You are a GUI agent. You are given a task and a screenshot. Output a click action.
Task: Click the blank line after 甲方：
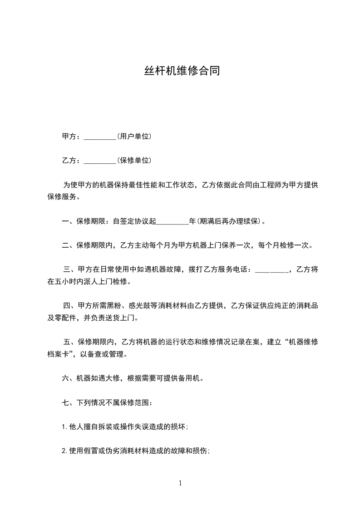tap(100, 137)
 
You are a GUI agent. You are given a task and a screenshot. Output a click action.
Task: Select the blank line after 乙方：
tap(100, 161)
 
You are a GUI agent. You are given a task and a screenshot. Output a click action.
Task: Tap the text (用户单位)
tap(134, 137)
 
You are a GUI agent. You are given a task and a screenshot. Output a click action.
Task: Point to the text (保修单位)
tap(134, 161)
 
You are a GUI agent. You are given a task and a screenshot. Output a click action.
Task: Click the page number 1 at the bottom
tap(180, 484)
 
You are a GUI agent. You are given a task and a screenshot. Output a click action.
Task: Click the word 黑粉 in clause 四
tap(115, 306)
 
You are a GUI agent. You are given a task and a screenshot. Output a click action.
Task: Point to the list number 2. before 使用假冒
tap(65, 451)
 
